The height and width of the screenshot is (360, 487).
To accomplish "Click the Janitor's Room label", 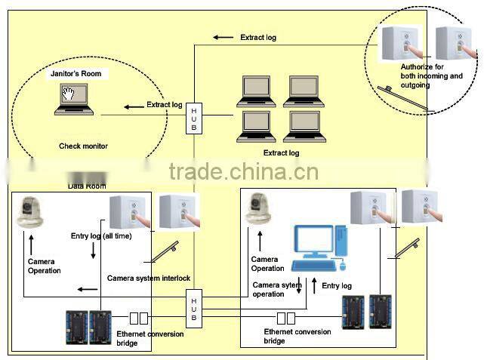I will [x=75, y=74].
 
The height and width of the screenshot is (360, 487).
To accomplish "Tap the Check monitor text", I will [x=83, y=146].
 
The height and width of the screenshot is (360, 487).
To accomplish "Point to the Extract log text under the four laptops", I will [x=281, y=153].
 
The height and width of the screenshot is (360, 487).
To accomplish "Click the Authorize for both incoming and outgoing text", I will [x=431, y=76].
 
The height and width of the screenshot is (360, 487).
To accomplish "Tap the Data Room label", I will [x=87, y=186].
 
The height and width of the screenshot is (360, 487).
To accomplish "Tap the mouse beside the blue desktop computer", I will [x=342, y=265].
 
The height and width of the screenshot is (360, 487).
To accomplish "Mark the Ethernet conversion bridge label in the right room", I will [x=297, y=336].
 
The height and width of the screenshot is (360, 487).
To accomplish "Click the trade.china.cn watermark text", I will [x=243, y=172].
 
